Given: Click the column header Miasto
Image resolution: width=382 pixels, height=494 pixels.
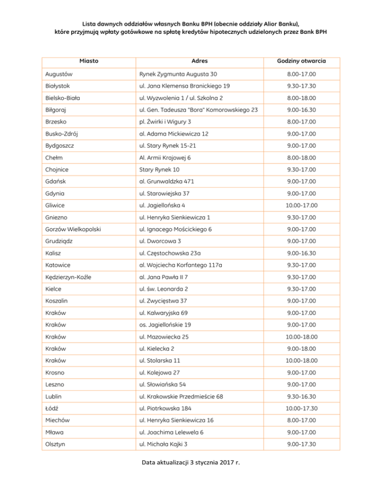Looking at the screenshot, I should click(88, 61).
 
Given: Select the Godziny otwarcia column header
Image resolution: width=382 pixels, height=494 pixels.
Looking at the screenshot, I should click(302, 61).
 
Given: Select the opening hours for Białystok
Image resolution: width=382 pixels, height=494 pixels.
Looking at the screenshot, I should click(302, 86).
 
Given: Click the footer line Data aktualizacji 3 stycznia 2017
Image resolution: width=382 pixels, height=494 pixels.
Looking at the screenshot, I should click(191, 478).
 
